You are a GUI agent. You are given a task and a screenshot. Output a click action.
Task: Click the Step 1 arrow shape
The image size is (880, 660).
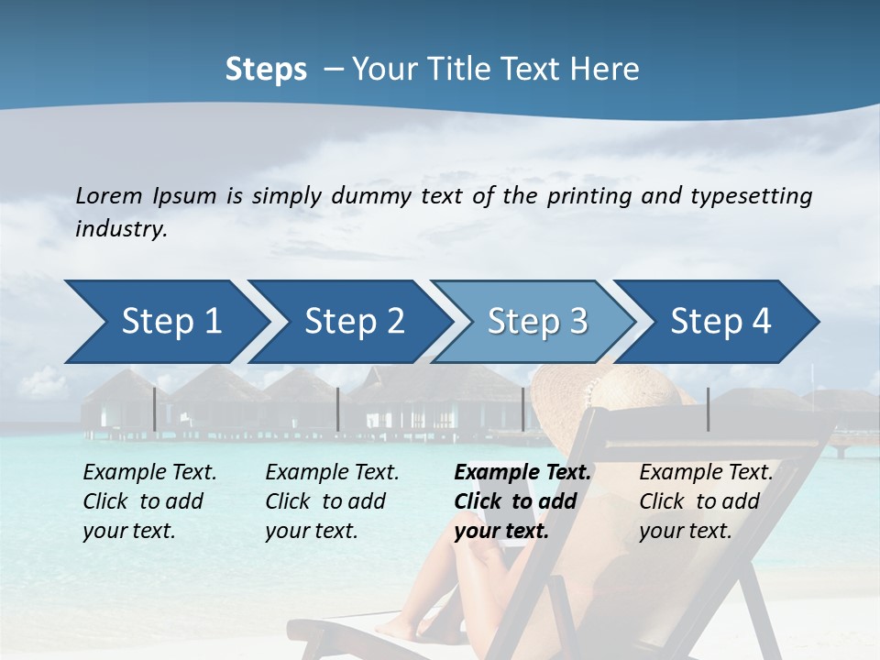click(165, 322)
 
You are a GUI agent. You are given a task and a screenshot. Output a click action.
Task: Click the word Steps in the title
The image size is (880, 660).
click(266, 70)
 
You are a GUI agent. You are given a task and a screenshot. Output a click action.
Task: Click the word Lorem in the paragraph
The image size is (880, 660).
click(108, 195)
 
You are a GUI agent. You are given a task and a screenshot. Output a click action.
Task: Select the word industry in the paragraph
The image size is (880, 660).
click(120, 229)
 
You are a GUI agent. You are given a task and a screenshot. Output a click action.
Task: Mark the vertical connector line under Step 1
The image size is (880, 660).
click(154, 409)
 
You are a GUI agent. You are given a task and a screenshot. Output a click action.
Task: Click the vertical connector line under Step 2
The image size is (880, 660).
click(338, 409)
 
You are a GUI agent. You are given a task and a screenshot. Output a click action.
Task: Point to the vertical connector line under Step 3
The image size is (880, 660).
click(523, 409)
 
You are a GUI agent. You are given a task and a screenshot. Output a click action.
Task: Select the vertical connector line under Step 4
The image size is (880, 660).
click(708, 409)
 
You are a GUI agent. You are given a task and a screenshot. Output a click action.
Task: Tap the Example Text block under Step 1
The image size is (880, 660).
click(149, 501)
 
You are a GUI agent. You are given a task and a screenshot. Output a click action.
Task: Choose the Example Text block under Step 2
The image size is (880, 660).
click(332, 501)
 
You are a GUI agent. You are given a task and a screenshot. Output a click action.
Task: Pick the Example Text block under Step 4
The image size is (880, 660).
click(706, 501)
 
